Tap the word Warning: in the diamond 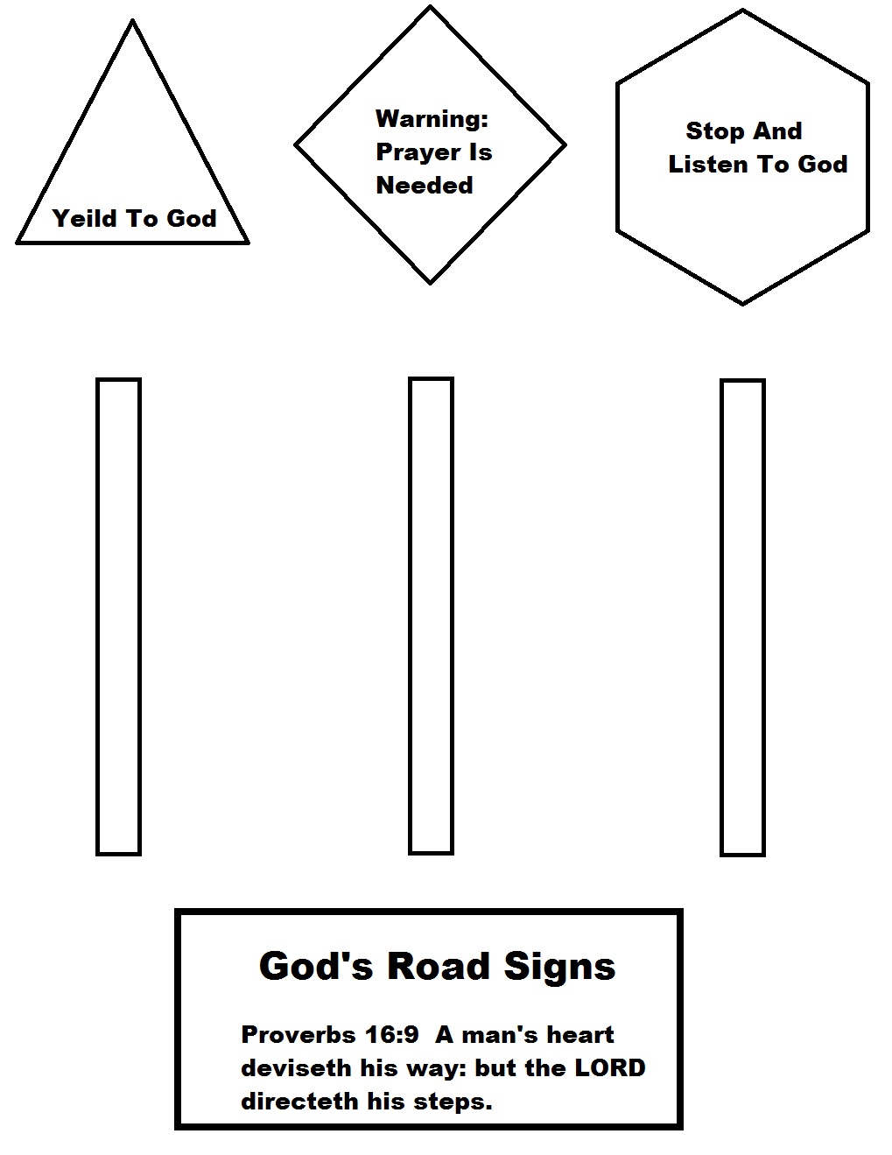[x=432, y=118]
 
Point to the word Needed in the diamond [x=424, y=186]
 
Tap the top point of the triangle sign [x=132, y=22]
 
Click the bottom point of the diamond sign [x=430, y=282]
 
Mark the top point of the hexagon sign [x=742, y=11]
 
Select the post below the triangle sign [x=118, y=616]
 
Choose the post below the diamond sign [x=431, y=616]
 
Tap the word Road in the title [x=439, y=966]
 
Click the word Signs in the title [x=559, y=967]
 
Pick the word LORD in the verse [x=609, y=1068]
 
